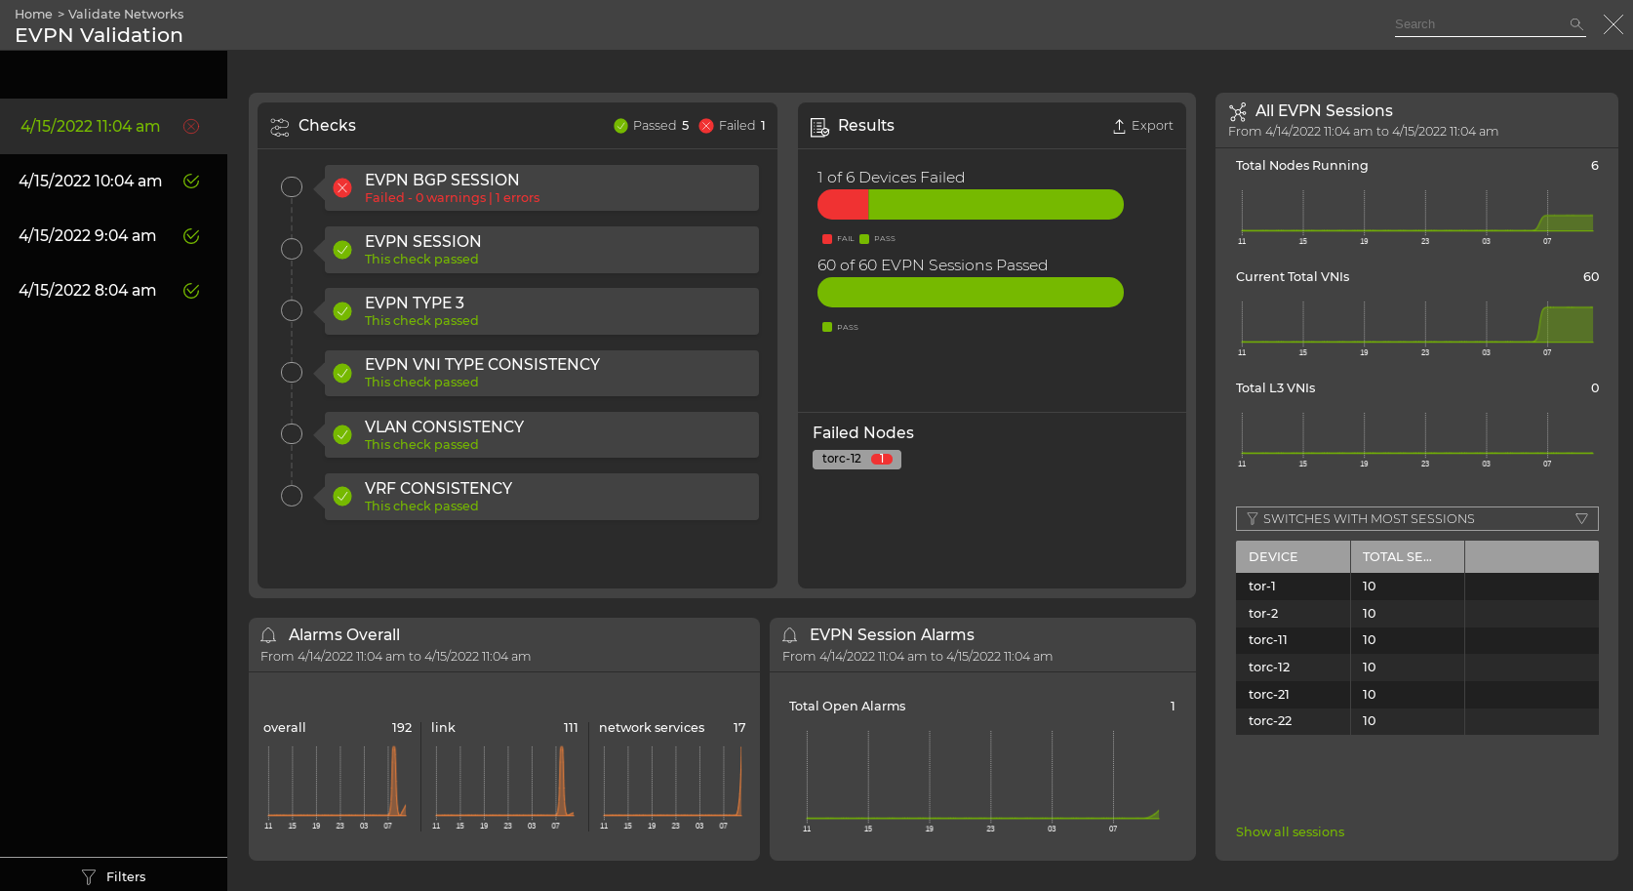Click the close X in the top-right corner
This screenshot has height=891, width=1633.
coord(1613,24)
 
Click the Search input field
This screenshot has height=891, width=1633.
coord(1478,24)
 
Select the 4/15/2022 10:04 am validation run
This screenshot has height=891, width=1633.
coord(91,182)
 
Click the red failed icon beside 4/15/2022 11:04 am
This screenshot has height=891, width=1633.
coord(191,127)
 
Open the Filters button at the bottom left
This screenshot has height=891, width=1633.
coord(114,876)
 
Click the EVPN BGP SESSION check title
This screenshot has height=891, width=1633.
coord(441,180)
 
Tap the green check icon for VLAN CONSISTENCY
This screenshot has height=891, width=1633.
coord(342,435)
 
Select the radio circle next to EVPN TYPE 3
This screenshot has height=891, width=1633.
coord(292,310)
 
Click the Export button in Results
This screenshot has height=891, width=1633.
coord(1143,126)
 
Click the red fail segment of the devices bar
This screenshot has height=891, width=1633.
coord(843,205)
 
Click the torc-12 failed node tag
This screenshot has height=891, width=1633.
coord(856,459)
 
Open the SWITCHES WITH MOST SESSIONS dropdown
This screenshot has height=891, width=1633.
coord(1416,519)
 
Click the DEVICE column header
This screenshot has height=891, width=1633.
coord(1273,557)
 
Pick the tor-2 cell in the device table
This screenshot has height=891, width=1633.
coord(1263,614)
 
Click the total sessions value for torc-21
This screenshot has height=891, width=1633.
coord(1369,695)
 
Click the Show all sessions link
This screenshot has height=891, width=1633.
coord(1290,832)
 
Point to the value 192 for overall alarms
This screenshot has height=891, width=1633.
coord(402,728)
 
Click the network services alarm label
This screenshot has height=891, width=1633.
coord(651,728)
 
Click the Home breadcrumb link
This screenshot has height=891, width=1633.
coord(33,15)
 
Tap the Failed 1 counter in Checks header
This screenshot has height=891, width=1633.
coord(733,126)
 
